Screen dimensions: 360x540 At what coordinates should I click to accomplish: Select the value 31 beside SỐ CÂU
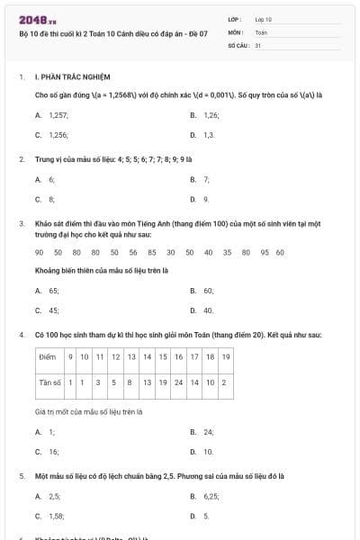point(257,44)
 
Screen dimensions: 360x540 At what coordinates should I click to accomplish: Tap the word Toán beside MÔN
point(261,31)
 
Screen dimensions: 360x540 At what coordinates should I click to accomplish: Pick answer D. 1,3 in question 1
point(209,134)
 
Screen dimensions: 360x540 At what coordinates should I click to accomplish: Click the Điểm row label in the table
point(48,357)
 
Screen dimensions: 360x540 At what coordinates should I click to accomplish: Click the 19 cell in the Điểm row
point(226,357)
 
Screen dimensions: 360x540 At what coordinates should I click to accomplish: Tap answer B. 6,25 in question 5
point(211,496)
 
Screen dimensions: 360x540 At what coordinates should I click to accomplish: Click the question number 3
point(21,222)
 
